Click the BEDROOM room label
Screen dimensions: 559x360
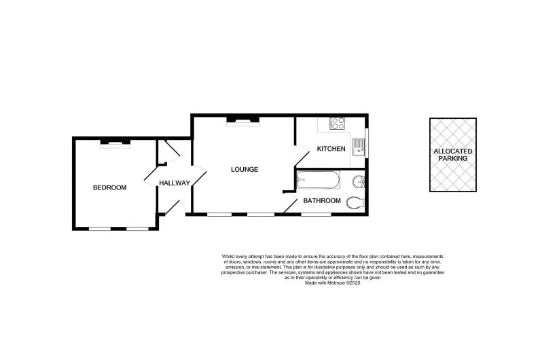[x=109, y=187]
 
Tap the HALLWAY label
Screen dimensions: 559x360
[x=175, y=183]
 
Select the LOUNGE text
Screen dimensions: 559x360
[x=245, y=169]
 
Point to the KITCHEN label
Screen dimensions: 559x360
[x=331, y=149]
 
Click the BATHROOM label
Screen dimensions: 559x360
[x=322, y=200]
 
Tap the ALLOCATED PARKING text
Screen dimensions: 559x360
[x=453, y=155]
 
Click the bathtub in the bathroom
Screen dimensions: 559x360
[x=319, y=181]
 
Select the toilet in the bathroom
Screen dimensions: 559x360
[x=356, y=202]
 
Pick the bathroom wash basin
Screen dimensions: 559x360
[x=358, y=182]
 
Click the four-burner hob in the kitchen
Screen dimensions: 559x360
[x=338, y=124]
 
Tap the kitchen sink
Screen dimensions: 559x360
[x=358, y=147]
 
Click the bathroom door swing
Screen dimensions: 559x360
[x=291, y=203]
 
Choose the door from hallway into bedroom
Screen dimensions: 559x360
[x=151, y=177]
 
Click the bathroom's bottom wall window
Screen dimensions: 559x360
[x=316, y=214]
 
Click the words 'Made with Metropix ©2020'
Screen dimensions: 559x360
[x=333, y=283]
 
